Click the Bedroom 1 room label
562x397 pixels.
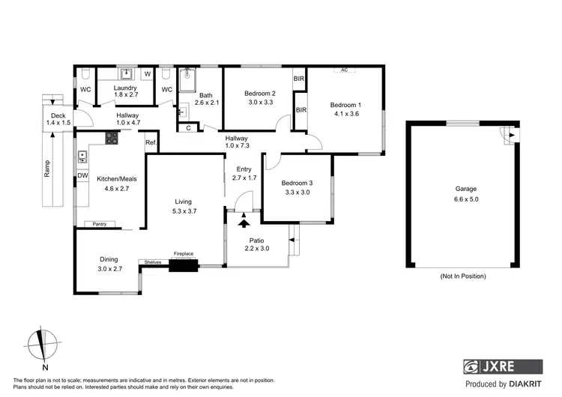click(x=346, y=105)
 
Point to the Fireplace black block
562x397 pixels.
click(x=182, y=264)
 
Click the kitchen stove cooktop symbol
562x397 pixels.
click(x=112, y=137)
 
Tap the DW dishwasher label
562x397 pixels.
click(x=82, y=176)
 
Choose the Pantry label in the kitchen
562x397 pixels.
click(x=99, y=224)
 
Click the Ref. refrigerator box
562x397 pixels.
click(x=151, y=142)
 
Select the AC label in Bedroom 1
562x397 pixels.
click(x=345, y=70)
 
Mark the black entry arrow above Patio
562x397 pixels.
click(x=244, y=221)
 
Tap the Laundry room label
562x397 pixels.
click(x=124, y=88)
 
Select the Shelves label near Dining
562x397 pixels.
click(x=153, y=262)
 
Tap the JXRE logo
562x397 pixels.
click(x=502, y=366)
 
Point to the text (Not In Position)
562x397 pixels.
click(x=462, y=276)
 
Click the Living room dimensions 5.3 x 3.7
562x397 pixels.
click(x=184, y=211)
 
